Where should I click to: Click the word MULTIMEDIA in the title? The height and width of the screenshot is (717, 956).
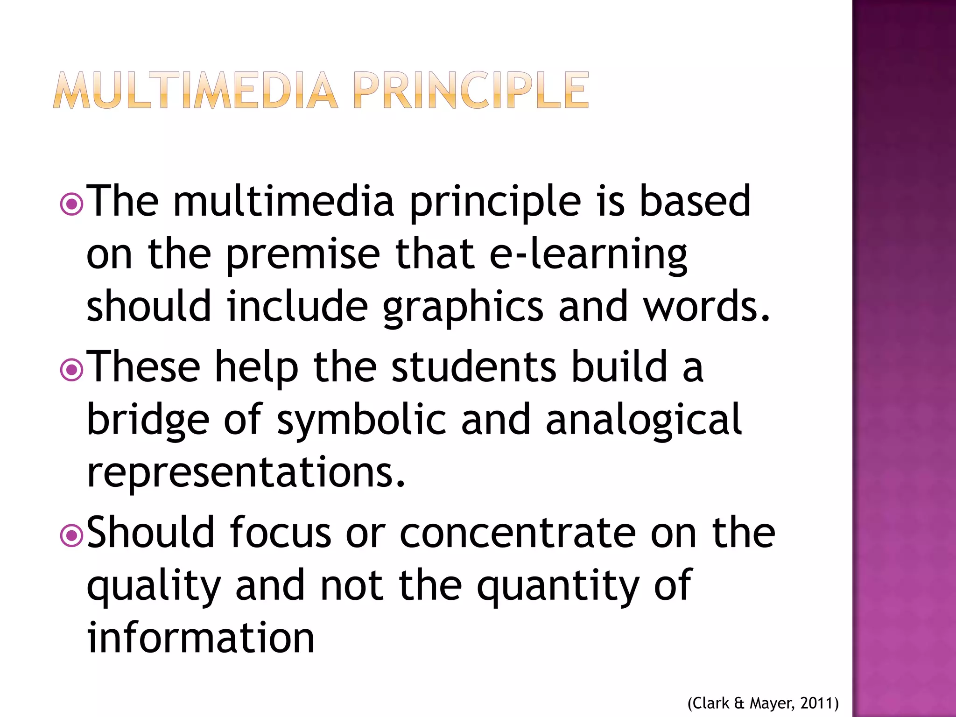[x=195, y=91]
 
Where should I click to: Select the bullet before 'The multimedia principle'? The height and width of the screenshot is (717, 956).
[x=72, y=204]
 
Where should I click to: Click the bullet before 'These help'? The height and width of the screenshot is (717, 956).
[x=72, y=370]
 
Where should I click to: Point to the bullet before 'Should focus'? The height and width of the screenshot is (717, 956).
[x=72, y=536]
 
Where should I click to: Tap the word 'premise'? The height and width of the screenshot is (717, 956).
[x=303, y=255]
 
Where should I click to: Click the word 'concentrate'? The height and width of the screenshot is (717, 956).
[x=518, y=534]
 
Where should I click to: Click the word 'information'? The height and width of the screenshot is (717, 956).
[x=201, y=638]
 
